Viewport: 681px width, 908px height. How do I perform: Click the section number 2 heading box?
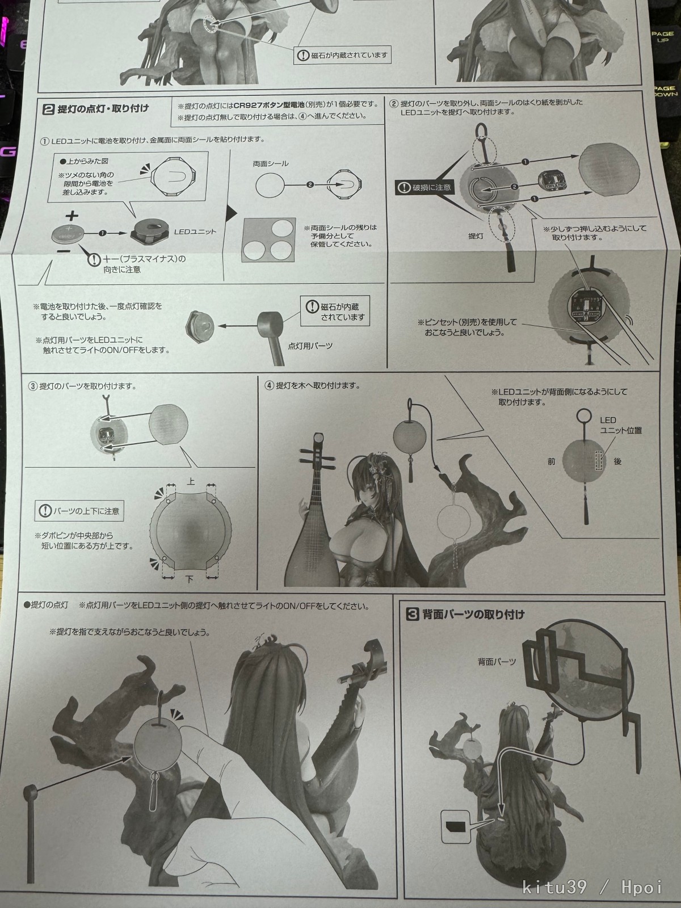48,109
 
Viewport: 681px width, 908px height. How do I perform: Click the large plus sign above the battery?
72,216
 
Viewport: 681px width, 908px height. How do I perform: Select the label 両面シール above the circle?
271,163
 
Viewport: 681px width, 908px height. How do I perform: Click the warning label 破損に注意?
425,187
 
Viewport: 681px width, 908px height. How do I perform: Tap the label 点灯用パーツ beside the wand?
310,346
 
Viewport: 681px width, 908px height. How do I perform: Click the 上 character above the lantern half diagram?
191,481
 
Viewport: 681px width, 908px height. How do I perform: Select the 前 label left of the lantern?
551,461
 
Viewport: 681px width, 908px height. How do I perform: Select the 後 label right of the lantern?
617,461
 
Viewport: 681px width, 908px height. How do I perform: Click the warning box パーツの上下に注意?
80,511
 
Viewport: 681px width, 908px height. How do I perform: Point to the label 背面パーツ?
497,662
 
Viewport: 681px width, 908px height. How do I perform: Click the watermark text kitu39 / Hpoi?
592,887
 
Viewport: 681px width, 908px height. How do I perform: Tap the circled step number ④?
270,386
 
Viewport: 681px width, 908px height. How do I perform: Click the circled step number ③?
33,386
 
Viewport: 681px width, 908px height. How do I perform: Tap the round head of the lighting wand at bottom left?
30,791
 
